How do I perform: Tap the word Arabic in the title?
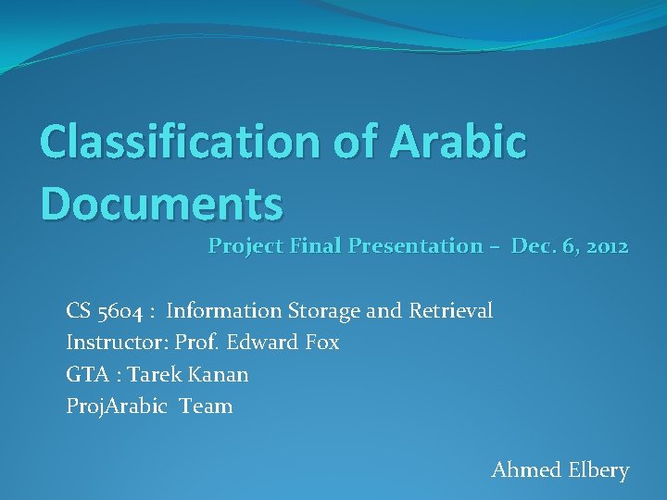[459, 142]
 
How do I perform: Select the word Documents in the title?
[161, 203]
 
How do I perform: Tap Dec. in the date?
[533, 246]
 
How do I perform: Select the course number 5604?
[117, 311]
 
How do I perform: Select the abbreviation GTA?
[85, 374]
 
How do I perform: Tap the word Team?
[207, 406]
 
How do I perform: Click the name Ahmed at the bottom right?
[526, 470]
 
